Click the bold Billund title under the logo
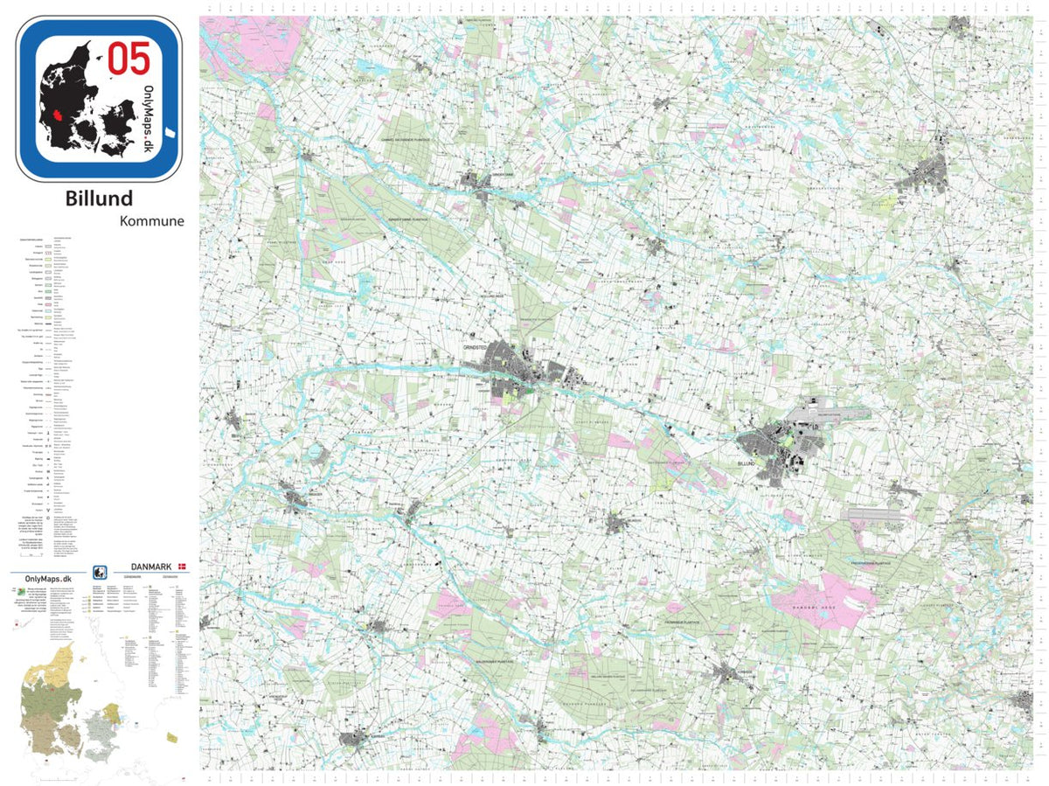[100, 198]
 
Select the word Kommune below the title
[152, 221]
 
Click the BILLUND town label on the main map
[746, 463]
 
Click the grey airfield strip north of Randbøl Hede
[873, 515]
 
